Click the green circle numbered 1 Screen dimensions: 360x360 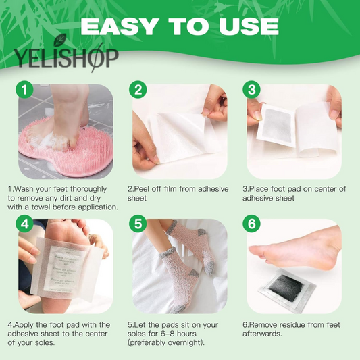click(24, 90)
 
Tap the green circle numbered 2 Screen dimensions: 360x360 click(138, 90)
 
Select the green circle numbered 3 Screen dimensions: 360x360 click(252, 90)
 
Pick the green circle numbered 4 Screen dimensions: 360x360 click(24, 224)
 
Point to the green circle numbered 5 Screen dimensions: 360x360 click(138, 224)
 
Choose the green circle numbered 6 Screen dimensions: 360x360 click(252, 224)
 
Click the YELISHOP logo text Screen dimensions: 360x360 click(66, 58)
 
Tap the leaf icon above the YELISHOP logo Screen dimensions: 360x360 click(60, 39)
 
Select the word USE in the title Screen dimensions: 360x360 click(249, 26)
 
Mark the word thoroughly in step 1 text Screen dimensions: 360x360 click(88, 189)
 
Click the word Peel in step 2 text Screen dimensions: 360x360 click(141, 189)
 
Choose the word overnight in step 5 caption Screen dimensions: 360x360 click(184, 343)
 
